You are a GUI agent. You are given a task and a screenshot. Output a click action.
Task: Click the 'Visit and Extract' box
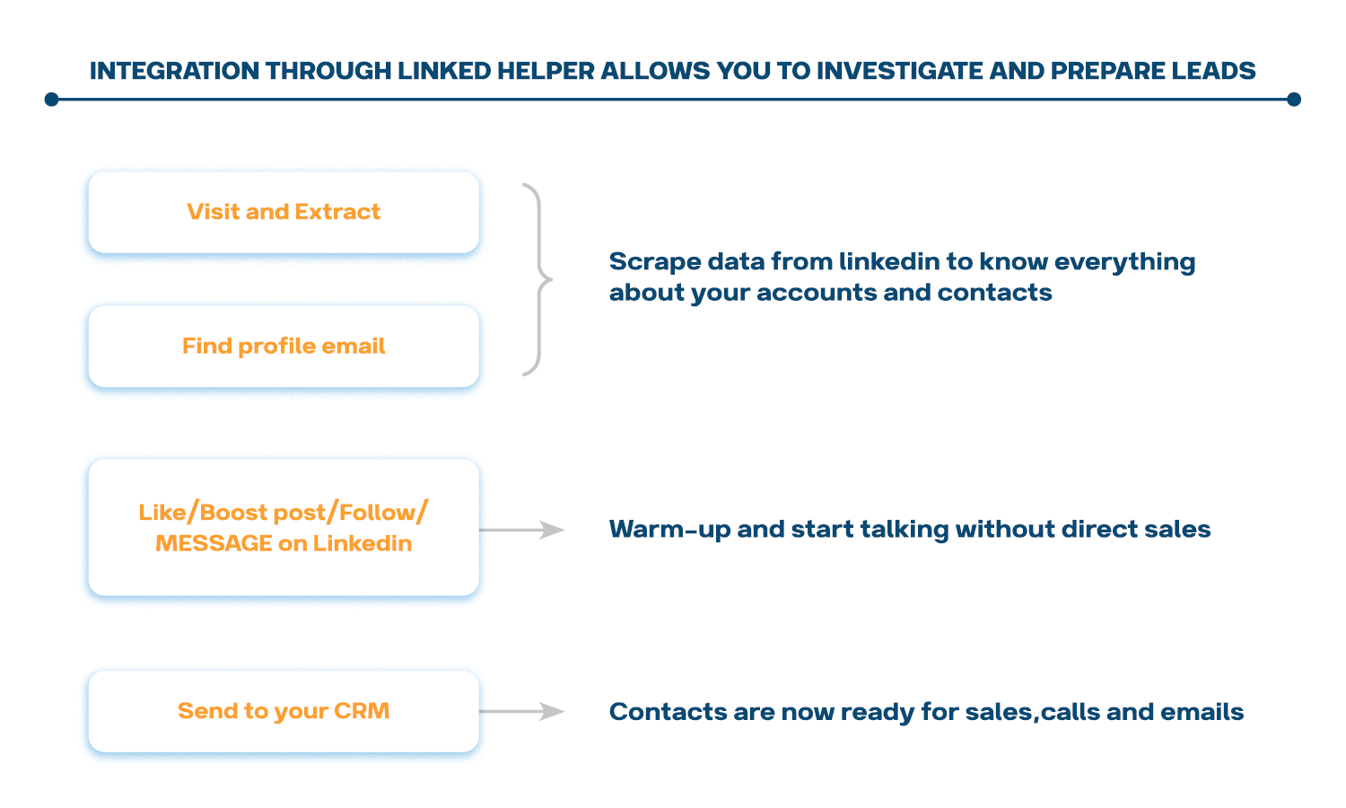pos(284,212)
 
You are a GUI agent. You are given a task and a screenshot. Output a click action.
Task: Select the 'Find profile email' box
pos(284,347)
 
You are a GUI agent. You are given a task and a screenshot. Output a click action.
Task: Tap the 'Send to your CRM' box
pos(284,711)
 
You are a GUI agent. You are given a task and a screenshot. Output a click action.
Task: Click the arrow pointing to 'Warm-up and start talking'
pos(522,531)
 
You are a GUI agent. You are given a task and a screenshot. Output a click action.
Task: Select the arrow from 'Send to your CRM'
pos(522,712)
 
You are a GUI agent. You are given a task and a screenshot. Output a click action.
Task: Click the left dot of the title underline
pos(52,100)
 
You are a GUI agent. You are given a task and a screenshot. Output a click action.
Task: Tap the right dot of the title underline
pos(1293,100)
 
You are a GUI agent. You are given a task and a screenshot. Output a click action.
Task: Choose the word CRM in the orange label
pos(362,711)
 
